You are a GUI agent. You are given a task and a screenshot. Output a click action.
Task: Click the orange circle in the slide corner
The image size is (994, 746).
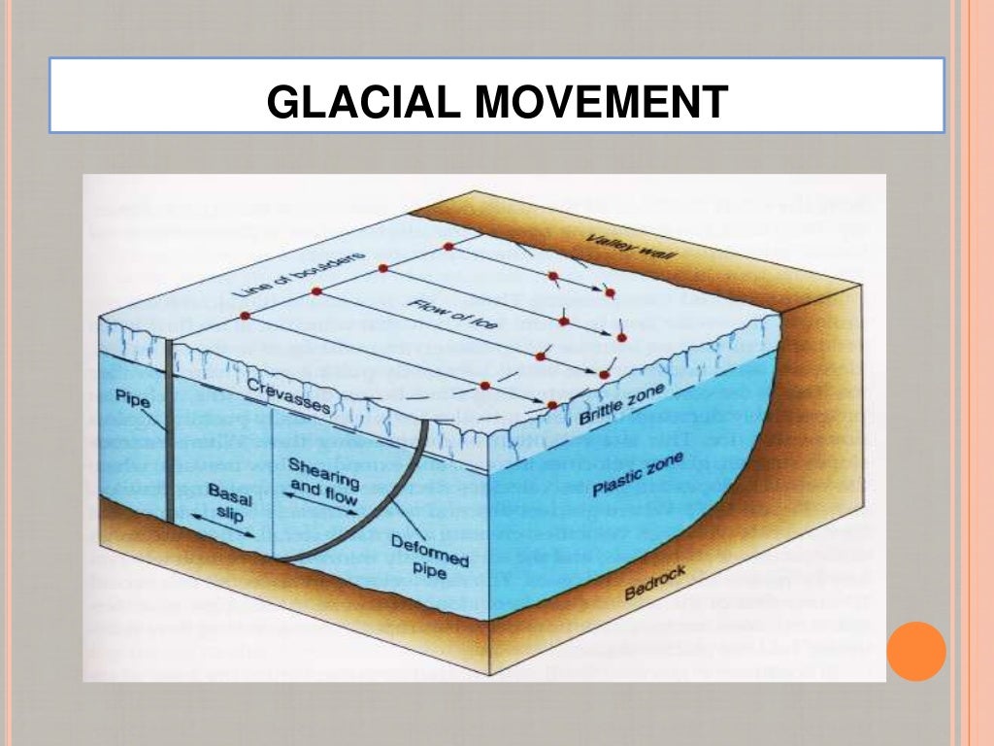click(915, 650)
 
